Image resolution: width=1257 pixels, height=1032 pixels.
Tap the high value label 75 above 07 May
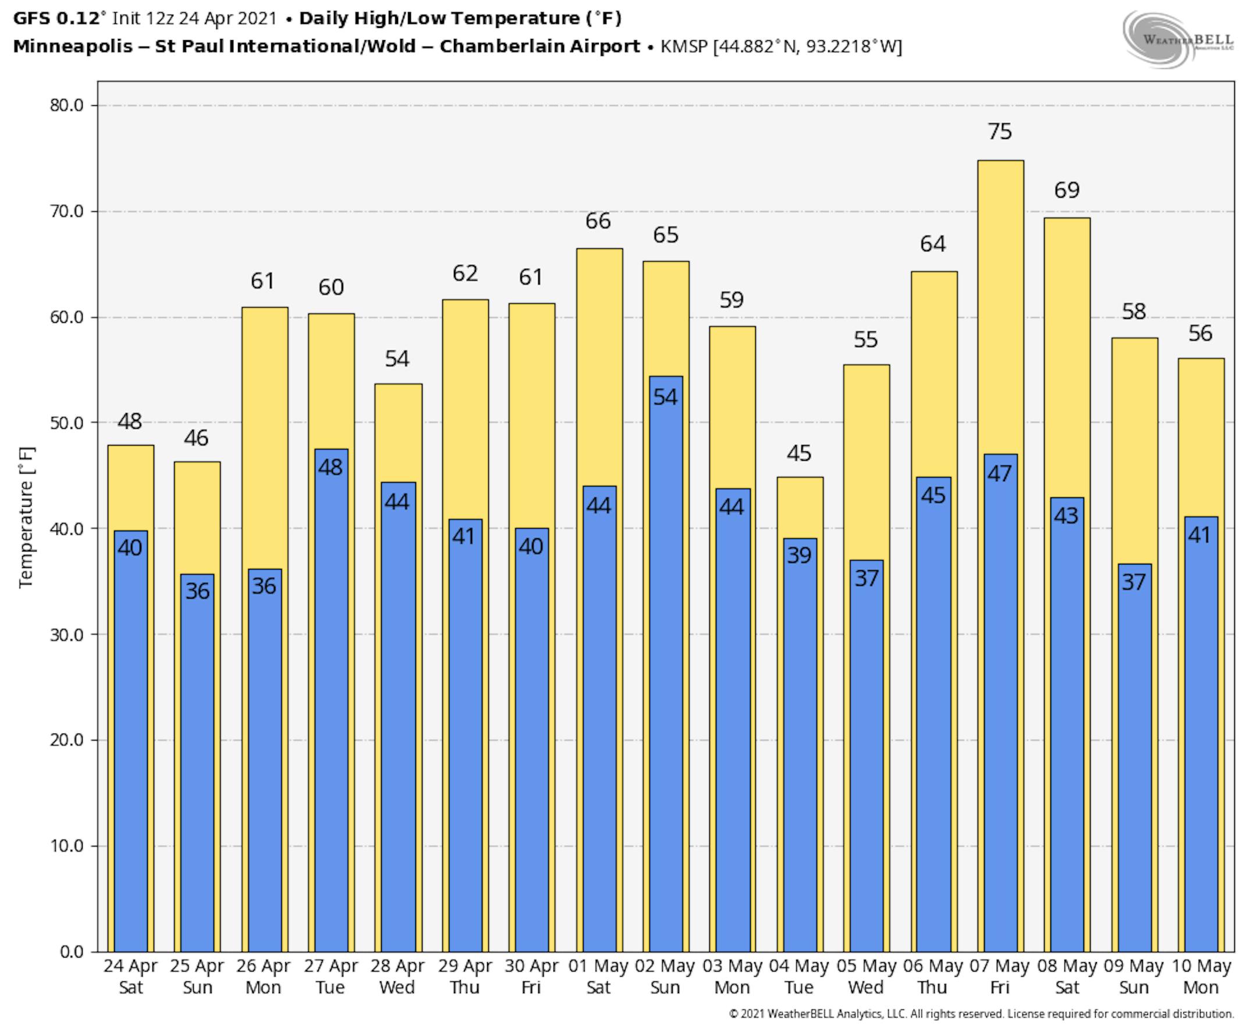click(1000, 131)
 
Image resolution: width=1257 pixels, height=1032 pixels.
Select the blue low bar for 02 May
click(665, 654)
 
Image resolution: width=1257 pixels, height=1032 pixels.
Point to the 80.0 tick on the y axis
click(66, 105)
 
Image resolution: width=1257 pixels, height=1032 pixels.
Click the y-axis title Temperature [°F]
click(26, 517)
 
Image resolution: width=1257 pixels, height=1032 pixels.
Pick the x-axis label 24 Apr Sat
click(130, 976)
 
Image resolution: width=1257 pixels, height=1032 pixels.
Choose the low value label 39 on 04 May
click(798, 555)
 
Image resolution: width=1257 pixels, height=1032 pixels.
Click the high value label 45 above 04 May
click(798, 453)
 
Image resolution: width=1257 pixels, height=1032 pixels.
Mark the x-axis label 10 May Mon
click(1200, 976)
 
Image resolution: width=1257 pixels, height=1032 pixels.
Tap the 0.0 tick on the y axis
click(72, 952)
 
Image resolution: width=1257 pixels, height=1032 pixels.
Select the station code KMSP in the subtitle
click(684, 47)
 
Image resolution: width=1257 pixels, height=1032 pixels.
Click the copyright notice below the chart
click(981, 1013)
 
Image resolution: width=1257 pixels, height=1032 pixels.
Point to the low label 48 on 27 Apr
click(330, 467)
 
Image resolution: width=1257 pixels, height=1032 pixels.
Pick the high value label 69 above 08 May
click(1066, 190)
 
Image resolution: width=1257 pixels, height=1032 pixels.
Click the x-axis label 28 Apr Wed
click(397, 976)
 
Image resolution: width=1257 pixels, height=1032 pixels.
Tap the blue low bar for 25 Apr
click(197, 773)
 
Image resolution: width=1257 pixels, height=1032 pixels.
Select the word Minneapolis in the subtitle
click(73, 47)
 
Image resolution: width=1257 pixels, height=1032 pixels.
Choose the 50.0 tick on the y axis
click(66, 423)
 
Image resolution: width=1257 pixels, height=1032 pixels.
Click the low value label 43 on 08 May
click(1066, 515)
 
